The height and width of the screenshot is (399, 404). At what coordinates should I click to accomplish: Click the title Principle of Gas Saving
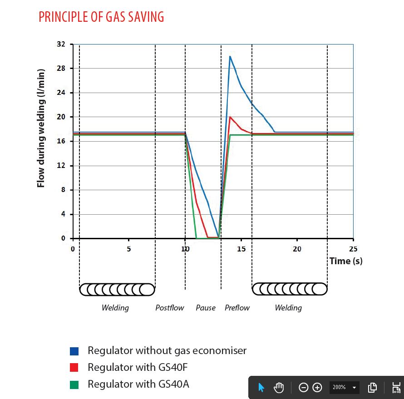[101, 17]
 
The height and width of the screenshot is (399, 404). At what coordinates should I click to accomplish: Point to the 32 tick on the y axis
[61, 44]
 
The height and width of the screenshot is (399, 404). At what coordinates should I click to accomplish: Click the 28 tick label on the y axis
[61, 69]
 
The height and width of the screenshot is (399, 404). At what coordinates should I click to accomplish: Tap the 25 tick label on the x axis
[353, 249]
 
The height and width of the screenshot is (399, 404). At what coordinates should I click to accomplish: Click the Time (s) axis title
[346, 261]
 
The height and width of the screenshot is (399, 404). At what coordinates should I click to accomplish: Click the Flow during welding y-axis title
[41, 128]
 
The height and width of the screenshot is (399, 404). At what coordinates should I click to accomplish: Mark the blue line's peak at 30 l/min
[230, 56]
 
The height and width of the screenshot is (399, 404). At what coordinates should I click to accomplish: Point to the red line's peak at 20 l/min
[230, 117]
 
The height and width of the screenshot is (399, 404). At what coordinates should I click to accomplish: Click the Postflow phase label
[170, 308]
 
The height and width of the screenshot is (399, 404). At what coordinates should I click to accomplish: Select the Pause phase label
[206, 308]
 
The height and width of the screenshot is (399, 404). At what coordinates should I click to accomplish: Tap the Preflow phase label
[237, 308]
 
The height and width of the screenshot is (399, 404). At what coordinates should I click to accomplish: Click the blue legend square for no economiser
[74, 351]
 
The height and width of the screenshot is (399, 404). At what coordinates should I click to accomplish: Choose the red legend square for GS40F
[74, 367]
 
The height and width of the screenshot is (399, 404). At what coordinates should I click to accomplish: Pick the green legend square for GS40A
[74, 384]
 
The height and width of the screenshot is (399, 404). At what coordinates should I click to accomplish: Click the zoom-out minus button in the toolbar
[304, 388]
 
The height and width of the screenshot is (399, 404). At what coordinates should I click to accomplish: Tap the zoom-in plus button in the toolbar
[317, 388]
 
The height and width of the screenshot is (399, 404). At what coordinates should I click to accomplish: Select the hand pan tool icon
[279, 388]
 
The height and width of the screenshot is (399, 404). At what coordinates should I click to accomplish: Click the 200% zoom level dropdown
[344, 388]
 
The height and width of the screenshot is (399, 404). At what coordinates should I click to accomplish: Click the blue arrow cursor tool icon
[261, 388]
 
